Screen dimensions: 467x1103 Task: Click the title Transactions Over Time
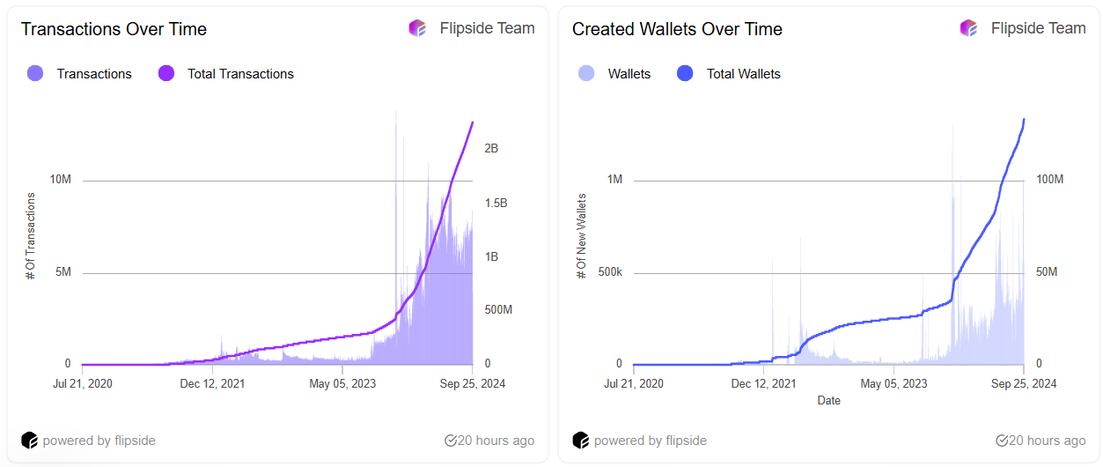pos(114,29)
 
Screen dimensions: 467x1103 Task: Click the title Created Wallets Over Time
pos(677,29)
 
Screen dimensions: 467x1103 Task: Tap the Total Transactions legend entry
pos(239,74)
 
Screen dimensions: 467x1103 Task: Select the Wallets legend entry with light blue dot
pos(629,74)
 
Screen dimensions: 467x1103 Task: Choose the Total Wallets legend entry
pos(743,74)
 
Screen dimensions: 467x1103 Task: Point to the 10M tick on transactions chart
pos(61,180)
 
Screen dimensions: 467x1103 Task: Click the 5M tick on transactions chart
pos(63,272)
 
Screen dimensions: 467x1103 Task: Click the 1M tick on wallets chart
pos(614,180)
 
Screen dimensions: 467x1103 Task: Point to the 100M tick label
pos(1049,180)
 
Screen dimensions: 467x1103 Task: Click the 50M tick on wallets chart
pos(1047,272)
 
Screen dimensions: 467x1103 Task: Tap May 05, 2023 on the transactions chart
pos(342,383)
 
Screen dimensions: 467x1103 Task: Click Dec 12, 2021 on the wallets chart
pos(764,383)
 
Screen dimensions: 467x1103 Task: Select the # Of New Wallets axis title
pos(581,235)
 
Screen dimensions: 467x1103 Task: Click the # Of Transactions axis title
pos(31,235)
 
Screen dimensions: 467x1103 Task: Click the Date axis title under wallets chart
pos(828,401)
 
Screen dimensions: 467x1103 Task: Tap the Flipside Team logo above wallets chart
pos(968,28)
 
